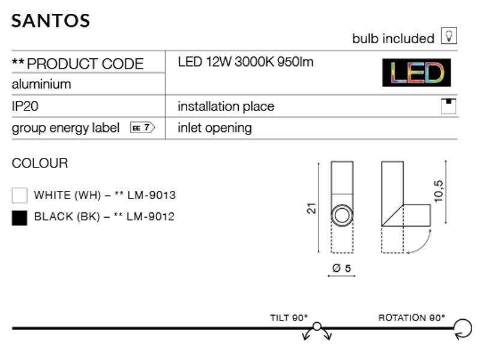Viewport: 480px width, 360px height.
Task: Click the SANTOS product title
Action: point(51,20)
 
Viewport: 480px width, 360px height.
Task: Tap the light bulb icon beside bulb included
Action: point(449,37)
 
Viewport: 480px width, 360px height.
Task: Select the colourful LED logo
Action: point(416,73)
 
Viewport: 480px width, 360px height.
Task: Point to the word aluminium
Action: point(41,84)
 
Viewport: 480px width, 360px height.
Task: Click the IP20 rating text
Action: point(25,106)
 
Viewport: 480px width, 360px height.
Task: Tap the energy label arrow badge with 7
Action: point(143,127)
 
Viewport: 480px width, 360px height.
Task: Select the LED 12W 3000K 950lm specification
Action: point(246,62)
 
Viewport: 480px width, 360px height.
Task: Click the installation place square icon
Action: point(449,106)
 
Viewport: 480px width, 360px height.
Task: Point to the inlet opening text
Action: point(215,128)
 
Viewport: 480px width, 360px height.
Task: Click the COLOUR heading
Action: point(40,163)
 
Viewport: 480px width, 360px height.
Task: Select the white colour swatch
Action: point(20,196)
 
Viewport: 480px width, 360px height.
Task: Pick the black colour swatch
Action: point(20,217)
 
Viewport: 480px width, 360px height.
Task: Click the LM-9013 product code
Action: point(152,195)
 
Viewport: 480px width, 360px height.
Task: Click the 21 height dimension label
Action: point(311,208)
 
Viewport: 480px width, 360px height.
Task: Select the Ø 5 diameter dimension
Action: point(341,268)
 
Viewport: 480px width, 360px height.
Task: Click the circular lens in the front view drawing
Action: point(343,214)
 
